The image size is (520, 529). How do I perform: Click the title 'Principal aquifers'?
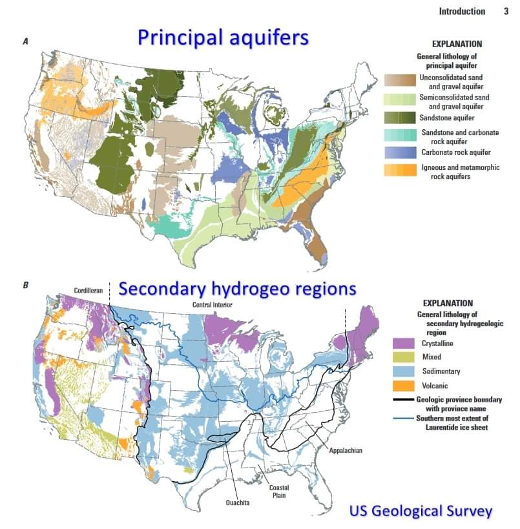coord(223,37)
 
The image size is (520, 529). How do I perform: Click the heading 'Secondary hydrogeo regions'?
coord(238,288)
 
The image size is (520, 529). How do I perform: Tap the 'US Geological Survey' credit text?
coord(421,511)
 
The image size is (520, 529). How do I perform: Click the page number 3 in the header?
coord(506,11)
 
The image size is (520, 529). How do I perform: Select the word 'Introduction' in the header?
coord(462,11)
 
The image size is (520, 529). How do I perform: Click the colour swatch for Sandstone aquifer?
coord(400,118)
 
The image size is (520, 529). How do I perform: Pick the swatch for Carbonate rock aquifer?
coord(400,152)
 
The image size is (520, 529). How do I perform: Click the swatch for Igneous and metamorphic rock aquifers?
coord(400,170)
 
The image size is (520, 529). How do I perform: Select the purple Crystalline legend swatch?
coord(402,343)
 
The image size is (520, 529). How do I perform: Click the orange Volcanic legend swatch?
coord(402,387)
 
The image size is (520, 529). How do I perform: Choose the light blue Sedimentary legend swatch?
coord(402,372)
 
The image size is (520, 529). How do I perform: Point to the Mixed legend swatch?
coord(402,357)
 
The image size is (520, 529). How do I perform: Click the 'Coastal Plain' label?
coord(280,491)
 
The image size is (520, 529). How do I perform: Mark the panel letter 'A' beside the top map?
coord(25,41)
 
